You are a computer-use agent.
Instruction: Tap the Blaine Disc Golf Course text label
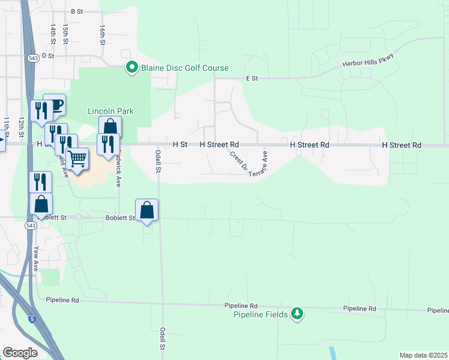pyautogui.click(x=185, y=68)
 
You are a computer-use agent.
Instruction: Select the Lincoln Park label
pyautogui.click(x=110, y=111)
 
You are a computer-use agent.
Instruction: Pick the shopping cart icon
pyautogui.click(x=77, y=159)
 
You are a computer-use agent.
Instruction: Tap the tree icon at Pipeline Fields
pyautogui.click(x=297, y=313)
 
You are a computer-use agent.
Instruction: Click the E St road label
pyautogui.click(x=252, y=78)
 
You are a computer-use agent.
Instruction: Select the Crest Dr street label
pyautogui.click(x=236, y=160)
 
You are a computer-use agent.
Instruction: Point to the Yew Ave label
pyautogui.click(x=37, y=259)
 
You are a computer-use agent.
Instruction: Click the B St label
pyautogui.click(x=76, y=11)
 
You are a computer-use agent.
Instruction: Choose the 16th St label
pyautogui.click(x=103, y=35)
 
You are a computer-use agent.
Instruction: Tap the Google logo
pyautogui.click(x=20, y=353)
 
